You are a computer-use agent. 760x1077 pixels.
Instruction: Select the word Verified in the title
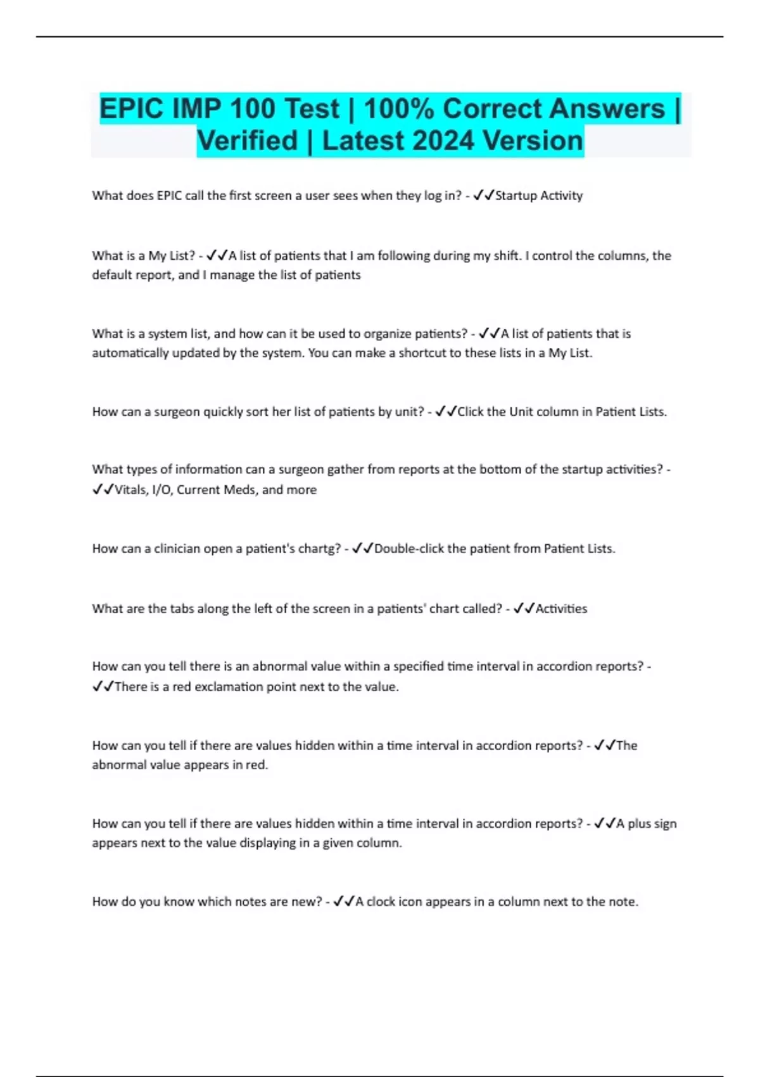(x=247, y=141)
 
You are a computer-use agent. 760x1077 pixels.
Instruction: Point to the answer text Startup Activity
(x=538, y=196)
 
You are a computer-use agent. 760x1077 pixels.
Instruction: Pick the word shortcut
(x=422, y=353)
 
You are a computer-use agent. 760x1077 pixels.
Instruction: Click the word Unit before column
(x=521, y=412)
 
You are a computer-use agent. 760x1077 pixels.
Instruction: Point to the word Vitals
(x=130, y=490)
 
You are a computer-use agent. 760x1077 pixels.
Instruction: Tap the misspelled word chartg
(x=319, y=549)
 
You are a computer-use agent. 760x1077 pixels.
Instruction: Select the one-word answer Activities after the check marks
(x=561, y=609)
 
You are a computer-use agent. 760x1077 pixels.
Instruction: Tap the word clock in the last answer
(x=381, y=902)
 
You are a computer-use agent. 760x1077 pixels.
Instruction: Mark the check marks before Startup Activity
(x=484, y=196)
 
